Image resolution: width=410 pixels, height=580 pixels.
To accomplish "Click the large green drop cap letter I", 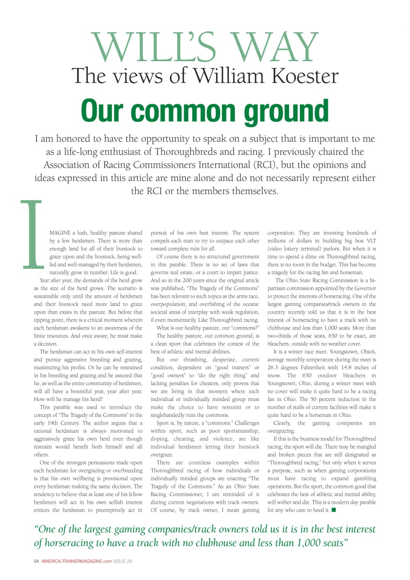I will [32, 235].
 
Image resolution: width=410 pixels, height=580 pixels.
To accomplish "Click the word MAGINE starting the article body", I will [63, 232].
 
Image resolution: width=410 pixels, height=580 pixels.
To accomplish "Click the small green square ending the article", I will [333, 510].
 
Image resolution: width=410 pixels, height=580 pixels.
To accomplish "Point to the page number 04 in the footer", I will [37, 561].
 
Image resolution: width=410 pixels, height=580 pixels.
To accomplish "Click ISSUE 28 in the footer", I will [122, 561].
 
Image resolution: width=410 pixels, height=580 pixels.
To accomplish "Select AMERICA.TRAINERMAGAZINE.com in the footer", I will [77, 561].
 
